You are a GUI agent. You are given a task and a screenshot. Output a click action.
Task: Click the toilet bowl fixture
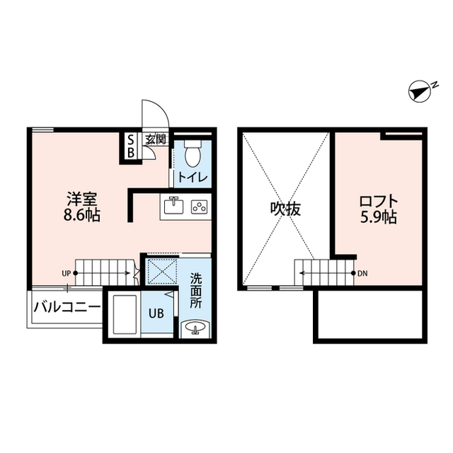click(x=192, y=152)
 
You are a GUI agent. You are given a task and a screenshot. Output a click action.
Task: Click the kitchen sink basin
click(x=173, y=207)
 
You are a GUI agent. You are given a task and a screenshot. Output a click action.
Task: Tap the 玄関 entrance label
click(x=155, y=139)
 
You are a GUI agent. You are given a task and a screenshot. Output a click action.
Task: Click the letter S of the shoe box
click(x=131, y=139)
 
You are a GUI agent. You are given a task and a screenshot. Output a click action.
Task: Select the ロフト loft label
click(x=379, y=200)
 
